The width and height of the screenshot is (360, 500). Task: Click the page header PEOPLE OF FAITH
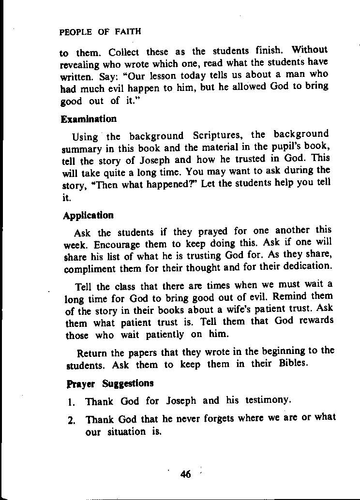click(100, 32)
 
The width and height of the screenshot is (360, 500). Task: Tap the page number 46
click(185, 474)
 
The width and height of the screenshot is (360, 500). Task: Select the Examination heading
click(89, 119)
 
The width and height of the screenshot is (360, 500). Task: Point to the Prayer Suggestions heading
click(110, 383)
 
